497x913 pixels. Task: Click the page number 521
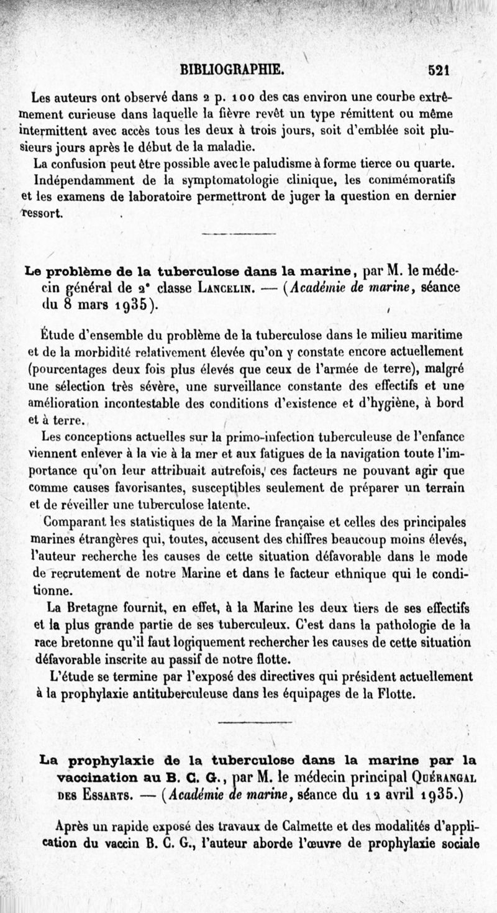click(x=438, y=70)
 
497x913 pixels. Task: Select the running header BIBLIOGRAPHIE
click(x=231, y=68)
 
